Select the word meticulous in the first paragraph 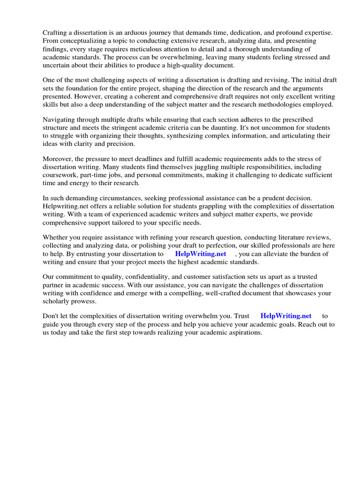click(151, 49)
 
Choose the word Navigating click(60, 120)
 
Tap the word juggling click(189, 167)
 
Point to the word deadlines click(143, 159)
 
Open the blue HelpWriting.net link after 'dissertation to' click(200, 254)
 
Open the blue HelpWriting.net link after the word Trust click(285, 316)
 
